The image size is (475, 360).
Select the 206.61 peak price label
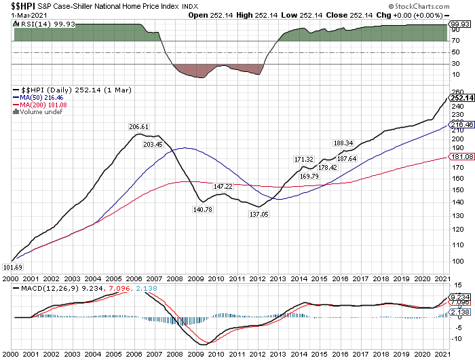click(x=138, y=127)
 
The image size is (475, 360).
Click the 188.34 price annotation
click(x=344, y=143)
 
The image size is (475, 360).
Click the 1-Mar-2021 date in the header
click(x=18, y=14)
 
